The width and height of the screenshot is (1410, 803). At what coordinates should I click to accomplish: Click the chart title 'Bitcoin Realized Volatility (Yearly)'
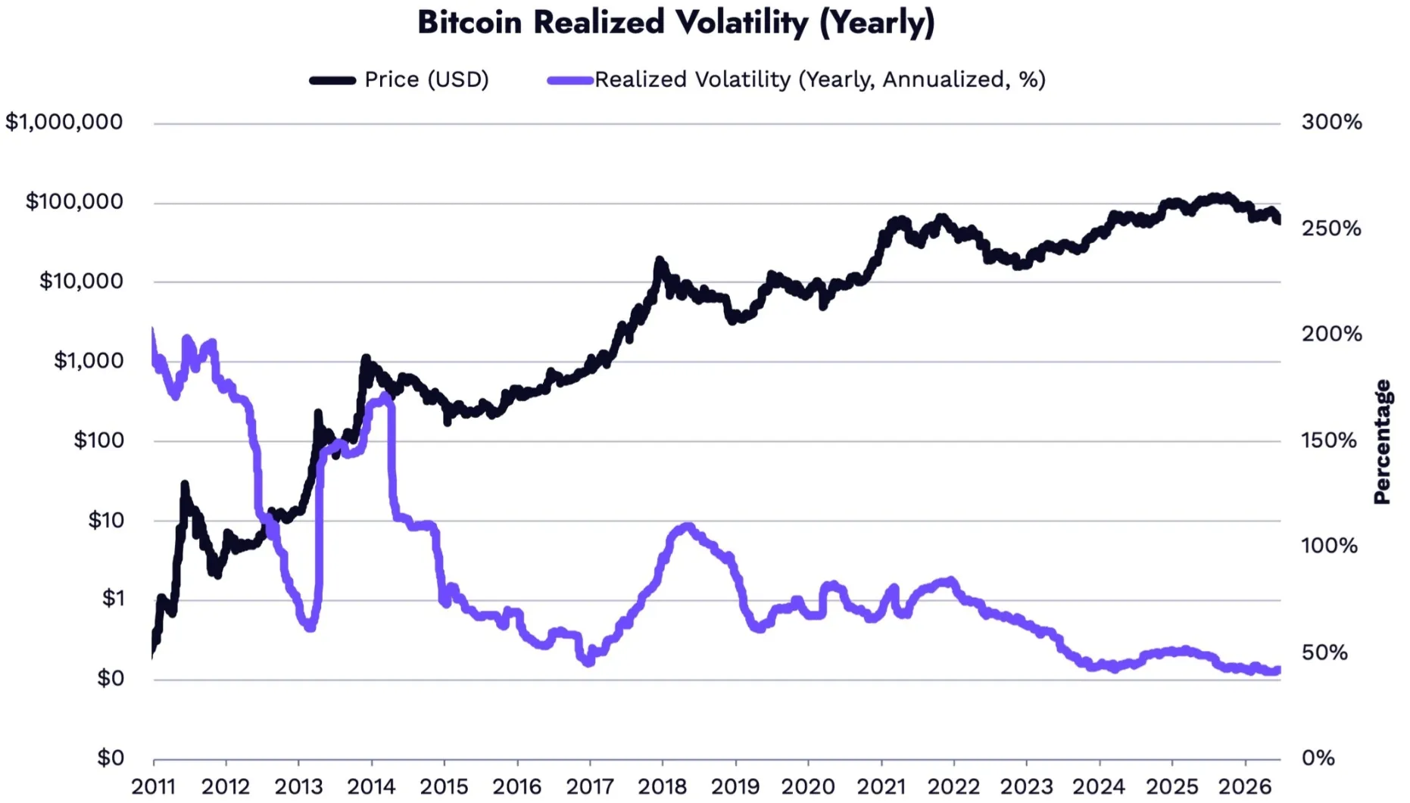(x=676, y=23)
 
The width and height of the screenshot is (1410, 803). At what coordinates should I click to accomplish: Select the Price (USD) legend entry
(x=399, y=79)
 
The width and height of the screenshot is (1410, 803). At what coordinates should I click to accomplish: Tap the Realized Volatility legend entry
(x=797, y=79)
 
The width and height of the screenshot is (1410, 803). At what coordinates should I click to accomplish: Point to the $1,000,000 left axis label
(x=64, y=122)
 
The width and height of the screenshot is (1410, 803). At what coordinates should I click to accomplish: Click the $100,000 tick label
(x=74, y=201)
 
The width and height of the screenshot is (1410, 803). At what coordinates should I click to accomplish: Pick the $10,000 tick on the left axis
(x=81, y=281)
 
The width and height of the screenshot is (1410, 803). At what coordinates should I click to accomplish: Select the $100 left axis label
(x=98, y=440)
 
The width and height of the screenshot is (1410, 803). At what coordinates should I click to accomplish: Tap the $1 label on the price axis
(x=113, y=599)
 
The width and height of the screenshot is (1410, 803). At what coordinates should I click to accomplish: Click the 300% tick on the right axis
(x=1331, y=122)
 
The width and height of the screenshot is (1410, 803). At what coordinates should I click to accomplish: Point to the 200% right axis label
(x=1331, y=334)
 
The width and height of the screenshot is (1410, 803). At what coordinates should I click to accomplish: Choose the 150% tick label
(x=1329, y=440)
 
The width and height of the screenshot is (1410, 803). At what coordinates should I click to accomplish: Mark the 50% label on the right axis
(x=1324, y=652)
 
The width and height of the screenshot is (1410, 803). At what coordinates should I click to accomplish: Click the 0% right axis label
(x=1318, y=758)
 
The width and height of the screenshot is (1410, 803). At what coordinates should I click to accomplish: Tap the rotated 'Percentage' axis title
(x=1383, y=442)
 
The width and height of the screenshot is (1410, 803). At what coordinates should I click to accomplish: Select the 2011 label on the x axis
(x=154, y=787)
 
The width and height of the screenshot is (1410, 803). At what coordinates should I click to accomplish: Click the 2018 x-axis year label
(x=663, y=787)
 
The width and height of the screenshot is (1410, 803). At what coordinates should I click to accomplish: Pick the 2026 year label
(x=1245, y=787)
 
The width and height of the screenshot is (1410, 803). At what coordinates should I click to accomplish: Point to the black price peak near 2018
(x=660, y=262)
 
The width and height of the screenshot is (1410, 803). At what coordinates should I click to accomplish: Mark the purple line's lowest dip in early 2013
(x=310, y=627)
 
